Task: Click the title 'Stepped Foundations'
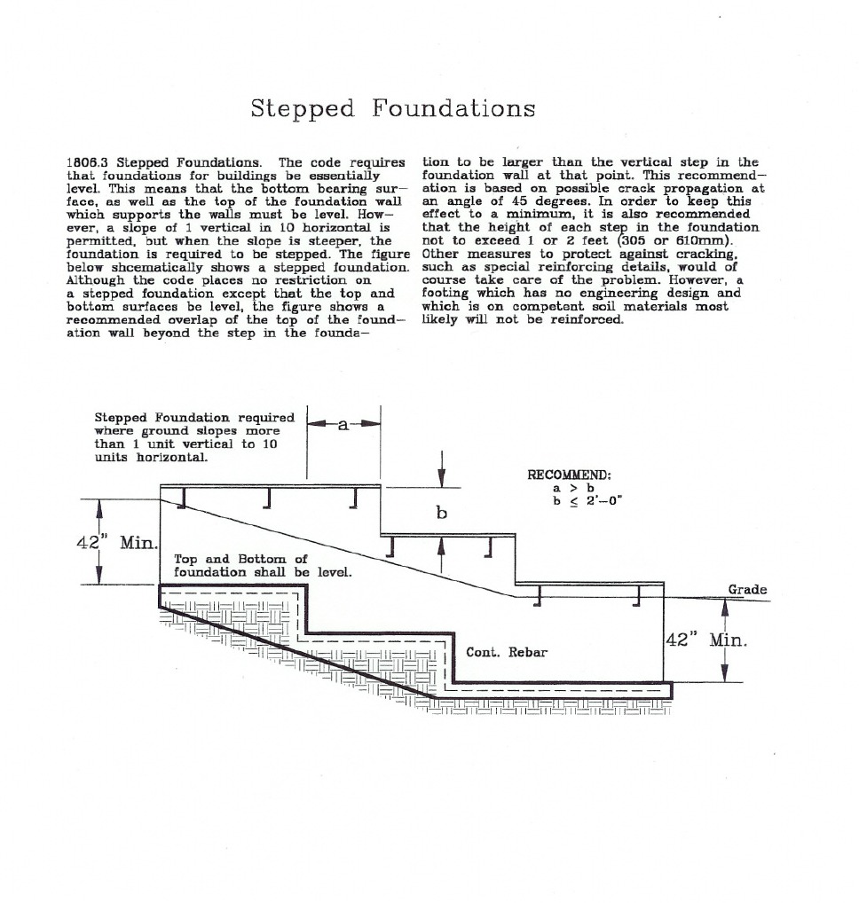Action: [392, 108]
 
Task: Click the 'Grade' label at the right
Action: [746, 590]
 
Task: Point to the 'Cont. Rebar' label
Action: [507, 652]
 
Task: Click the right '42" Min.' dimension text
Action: [706, 639]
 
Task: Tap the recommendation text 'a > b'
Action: [572, 488]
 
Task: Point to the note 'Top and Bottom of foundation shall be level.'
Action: [263, 565]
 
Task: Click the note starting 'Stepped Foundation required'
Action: [193, 436]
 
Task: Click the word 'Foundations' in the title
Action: [453, 108]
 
